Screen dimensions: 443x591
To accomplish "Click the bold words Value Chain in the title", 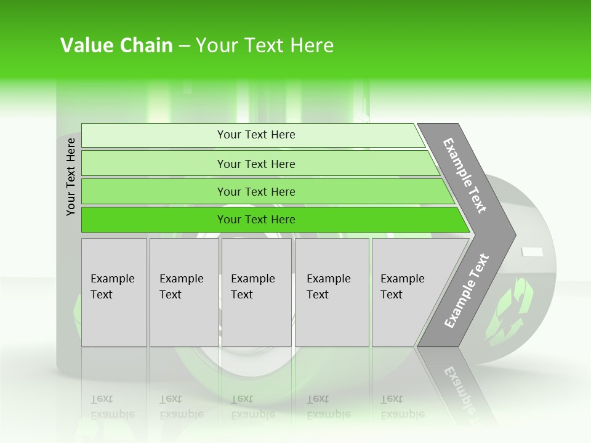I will click(116, 46).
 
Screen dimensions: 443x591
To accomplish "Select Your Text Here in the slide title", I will click(265, 46).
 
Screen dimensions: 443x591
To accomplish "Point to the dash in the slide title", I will click(184, 46).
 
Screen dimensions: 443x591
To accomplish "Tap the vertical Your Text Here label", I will click(71, 177).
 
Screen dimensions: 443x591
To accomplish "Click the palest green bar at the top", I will click(255, 135).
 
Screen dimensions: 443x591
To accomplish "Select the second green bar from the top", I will click(255, 164).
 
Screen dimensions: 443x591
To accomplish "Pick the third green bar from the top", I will click(255, 191).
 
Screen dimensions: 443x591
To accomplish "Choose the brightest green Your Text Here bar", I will click(255, 220).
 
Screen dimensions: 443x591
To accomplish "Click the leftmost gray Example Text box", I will click(114, 292).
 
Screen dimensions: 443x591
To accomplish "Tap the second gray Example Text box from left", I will click(183, 292).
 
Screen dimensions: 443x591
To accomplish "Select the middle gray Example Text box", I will click(256, 292).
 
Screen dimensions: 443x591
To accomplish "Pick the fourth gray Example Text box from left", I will click(331, 292).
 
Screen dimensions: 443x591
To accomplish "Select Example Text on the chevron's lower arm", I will click(467, 290).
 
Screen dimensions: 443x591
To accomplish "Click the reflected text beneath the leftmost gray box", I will click(113, 407).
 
